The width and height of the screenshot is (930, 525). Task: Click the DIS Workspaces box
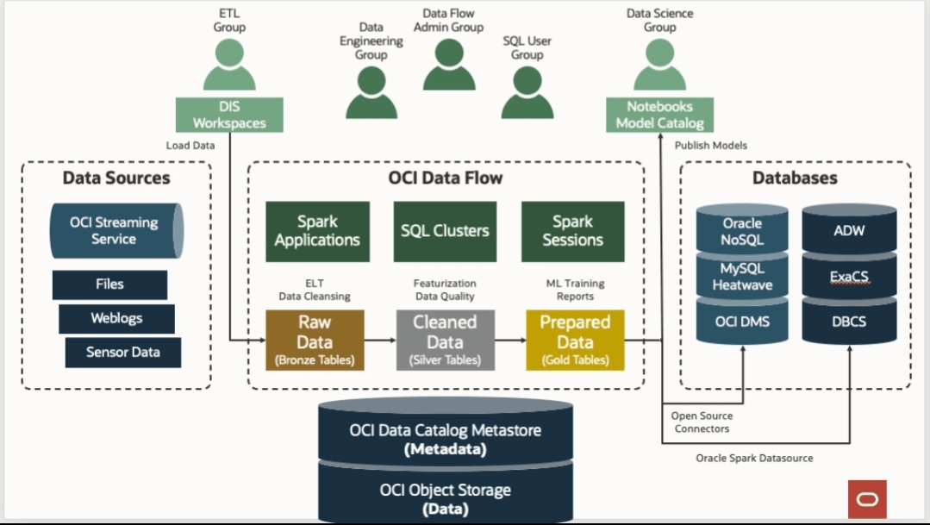tap(229, 115)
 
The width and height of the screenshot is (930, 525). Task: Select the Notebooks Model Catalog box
tap(659, 115)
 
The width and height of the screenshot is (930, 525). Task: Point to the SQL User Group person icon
tap(527, 92)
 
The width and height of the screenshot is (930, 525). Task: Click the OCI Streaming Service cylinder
tap(117, 231)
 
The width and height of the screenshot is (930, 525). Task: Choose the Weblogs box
tap(117, 319)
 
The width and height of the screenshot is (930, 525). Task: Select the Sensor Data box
tap(123, 353)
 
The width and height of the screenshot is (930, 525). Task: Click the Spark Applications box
tap(318, 231)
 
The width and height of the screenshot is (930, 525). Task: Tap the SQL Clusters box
tap(445, 231)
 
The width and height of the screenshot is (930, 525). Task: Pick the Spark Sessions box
tap(573, 231)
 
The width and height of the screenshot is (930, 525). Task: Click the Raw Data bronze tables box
tap(315, 341)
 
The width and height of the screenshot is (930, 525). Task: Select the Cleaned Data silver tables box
tap(446, 341)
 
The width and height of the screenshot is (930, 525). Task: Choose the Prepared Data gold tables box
tap(575, 341)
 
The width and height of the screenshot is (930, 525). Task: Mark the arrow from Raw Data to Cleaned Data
tap(380, 341)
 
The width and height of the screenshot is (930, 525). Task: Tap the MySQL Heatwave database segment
tap(743, 276)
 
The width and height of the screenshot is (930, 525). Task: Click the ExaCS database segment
tap(849, 276)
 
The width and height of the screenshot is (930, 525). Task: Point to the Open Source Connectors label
tap(702, 422)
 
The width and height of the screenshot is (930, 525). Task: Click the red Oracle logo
tap(867, 499)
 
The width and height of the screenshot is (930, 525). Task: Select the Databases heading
tap(795, 178)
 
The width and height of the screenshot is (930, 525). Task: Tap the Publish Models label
tap(710, 146)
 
